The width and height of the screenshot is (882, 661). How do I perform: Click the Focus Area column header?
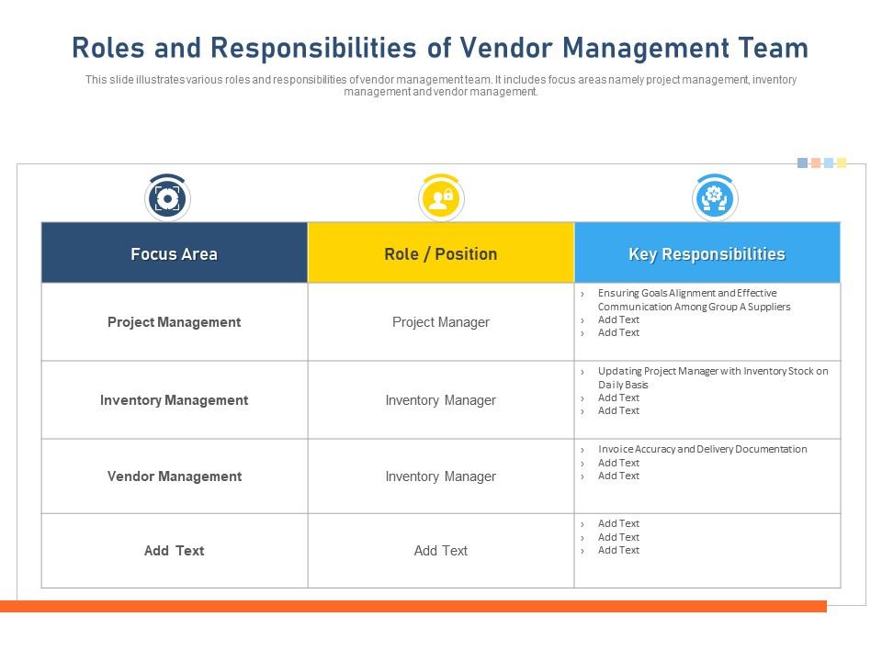point(174,254)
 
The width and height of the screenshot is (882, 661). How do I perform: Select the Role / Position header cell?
point(440,254)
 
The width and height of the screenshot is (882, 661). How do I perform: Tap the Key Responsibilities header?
point(707,254)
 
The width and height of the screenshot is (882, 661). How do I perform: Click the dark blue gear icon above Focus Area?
point(167,198)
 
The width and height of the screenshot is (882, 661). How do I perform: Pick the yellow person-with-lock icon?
point(441,198)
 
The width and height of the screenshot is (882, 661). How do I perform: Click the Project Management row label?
point(174,322)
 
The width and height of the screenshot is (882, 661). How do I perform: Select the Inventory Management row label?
point(174,400)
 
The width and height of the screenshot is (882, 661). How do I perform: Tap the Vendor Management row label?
point(174,476)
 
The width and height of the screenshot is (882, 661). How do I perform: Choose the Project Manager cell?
point(440,322)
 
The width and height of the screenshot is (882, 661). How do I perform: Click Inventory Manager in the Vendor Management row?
point(440,476)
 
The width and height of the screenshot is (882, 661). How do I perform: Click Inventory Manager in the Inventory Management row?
point(440,400)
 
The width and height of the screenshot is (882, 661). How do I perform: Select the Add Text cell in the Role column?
point(440,551)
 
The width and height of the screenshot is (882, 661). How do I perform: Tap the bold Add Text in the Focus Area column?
point(174,551)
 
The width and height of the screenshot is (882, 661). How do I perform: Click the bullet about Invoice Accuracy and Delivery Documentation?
point(702,450)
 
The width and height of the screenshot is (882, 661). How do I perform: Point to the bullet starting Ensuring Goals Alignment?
point(694,300)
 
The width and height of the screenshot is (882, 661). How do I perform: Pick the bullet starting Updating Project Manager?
point(712,377)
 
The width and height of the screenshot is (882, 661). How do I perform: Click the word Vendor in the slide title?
point(506,48)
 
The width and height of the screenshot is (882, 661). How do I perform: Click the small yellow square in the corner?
point(842,163)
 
